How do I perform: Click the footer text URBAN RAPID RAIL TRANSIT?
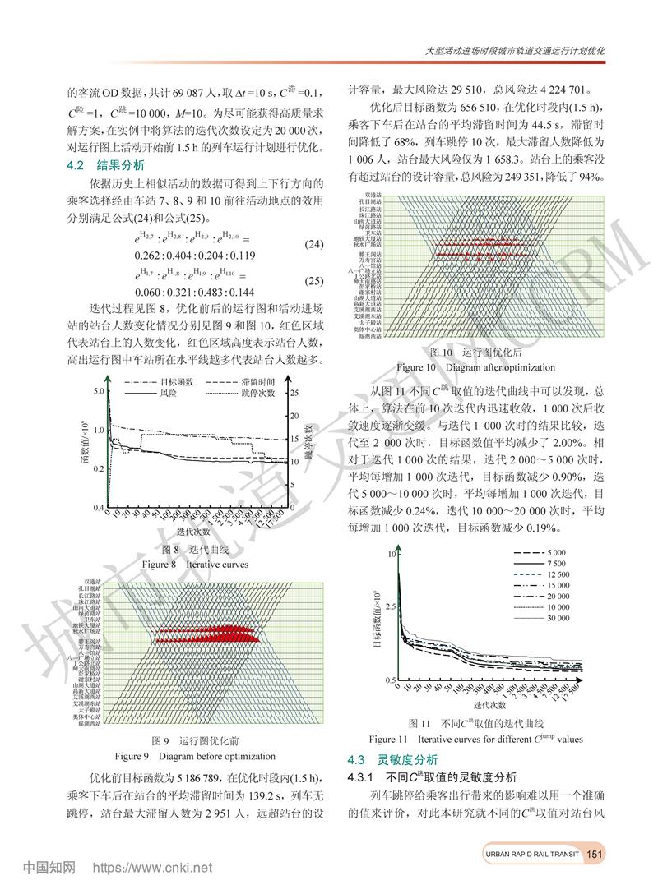pyautogui.click(x=531, y=855)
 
